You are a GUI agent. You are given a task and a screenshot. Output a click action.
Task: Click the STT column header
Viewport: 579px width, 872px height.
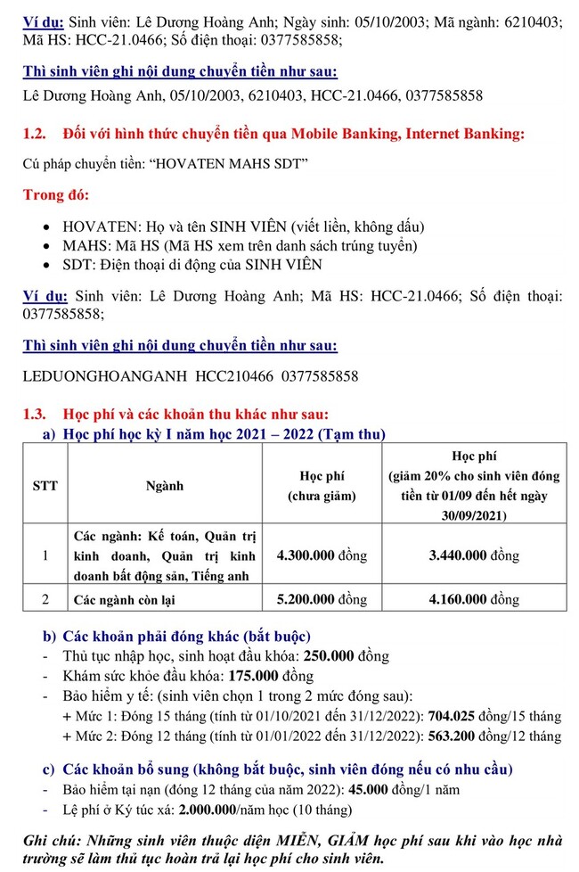(x=45, y=485)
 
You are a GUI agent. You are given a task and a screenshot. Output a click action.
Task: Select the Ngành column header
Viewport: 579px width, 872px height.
(x=165, y=485)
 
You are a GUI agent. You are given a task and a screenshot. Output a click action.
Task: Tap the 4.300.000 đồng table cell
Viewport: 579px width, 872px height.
(x=322, y=555)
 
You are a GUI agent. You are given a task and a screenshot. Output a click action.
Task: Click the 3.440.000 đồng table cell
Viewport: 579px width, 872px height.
(x=474, y=555)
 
